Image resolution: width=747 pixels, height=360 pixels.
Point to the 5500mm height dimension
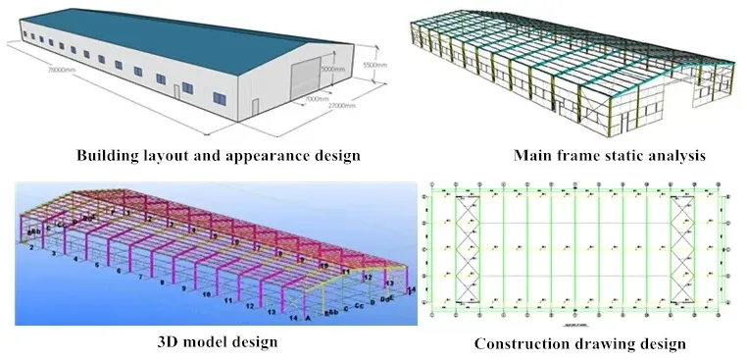click(370, 64)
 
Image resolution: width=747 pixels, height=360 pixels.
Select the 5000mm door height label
click(333, 70)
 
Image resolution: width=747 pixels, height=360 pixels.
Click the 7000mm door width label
click(316, 99)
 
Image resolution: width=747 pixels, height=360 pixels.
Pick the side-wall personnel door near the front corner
click(178, 91)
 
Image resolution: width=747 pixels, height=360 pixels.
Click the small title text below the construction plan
click(573, 321)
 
